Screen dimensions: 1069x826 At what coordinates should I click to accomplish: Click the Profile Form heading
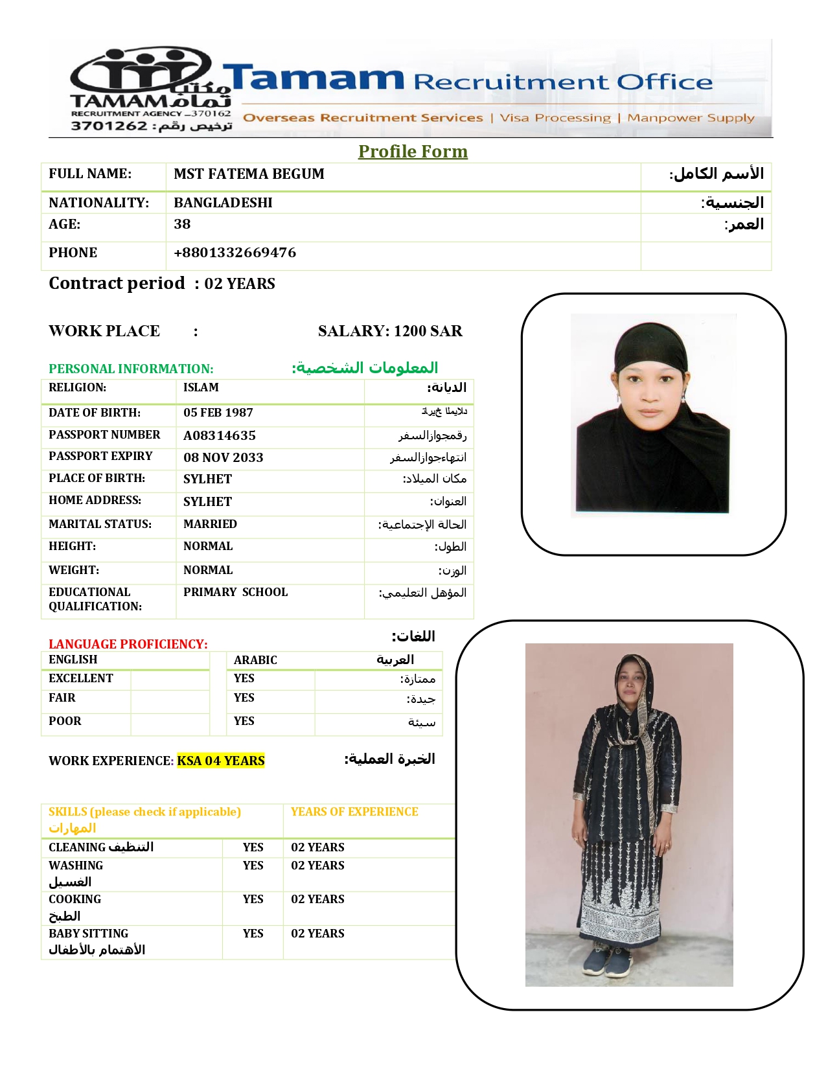(x=413, y=152)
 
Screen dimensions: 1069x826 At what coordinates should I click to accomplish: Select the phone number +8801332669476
(x=235, y=253)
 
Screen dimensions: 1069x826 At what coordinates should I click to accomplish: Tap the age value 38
(x=182, y=224)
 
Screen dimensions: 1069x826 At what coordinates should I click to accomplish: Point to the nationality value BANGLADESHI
(x=223, y=203)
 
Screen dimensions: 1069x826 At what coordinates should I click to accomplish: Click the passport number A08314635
(x=220, y=435)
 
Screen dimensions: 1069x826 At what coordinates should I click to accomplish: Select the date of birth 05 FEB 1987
(x=218, y=413)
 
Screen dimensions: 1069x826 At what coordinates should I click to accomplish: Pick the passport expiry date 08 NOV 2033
(x=224, y=457)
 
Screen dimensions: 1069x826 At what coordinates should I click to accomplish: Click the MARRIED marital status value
(x=210, y=524)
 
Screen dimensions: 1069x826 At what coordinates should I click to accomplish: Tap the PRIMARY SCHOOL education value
(x=235, y=592)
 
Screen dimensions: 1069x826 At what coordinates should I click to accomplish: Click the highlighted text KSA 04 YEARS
(x=221, y=761)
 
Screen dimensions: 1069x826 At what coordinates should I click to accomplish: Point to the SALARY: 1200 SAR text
(x=390, y=331)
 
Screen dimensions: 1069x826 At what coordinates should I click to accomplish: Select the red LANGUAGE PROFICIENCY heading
(x=128, y=644)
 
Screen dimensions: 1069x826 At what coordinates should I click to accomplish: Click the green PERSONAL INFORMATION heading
(x=131, y=369)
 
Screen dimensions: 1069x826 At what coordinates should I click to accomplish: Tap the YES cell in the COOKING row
(x=253, y=899)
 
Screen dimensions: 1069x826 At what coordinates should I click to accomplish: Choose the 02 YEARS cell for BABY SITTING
(x=317, y=934)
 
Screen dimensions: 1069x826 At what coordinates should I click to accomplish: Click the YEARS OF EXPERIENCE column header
(x=354, y=812)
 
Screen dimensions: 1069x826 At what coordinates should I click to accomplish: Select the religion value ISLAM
(x=201, y=387)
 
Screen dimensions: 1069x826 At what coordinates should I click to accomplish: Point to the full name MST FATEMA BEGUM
(x=249, y=174)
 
